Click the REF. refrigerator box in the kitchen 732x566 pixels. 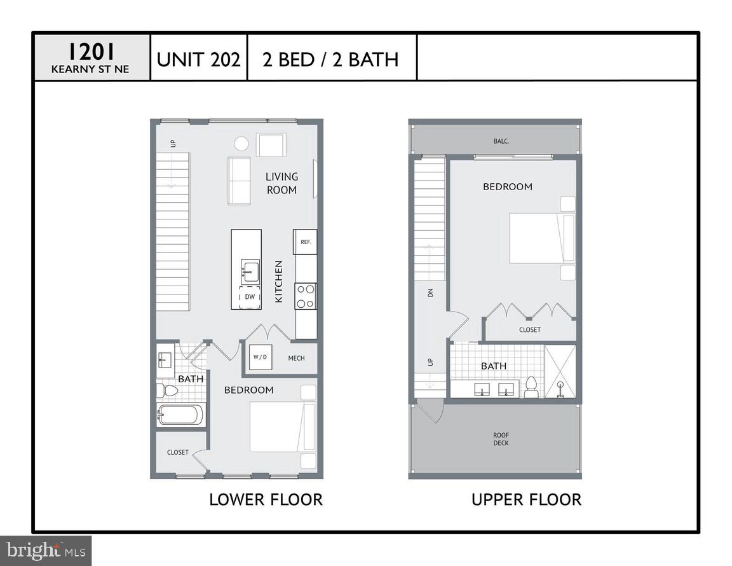pyautogui.click(x=305, y=242)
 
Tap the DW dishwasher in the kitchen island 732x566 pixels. pyautogui.click(x=250, y=296)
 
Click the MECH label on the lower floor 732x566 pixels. pyautogui.click(x=296, y=358)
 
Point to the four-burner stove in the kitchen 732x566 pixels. pyautogui.click(x=306, y=296)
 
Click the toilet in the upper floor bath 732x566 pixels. pyautogui.click(x=531, y=387)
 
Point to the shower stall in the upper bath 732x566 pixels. pyautogui.click(x=560, y=372)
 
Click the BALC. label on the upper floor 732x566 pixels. pyautogui.click(x=501, y=141)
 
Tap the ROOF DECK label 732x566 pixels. pyautogui.click(x=501, y=439)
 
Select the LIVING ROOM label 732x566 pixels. pyautogui.click(x=281, y=183)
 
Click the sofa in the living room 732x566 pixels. pyautogui.click(x=239, y=181)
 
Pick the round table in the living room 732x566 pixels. pyautogui.click(x=241, y=144)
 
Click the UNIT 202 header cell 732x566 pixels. pyautogui.click(x=198, y=59)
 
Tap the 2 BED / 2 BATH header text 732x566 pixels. pyautogui.click(x=330, y=59)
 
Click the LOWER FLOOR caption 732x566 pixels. pyautogui.click(x=266, y=499)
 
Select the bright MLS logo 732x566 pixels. pyautogui.click(x=46, y=550)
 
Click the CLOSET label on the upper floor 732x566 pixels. pyautogui.click(x=529, y=329)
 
